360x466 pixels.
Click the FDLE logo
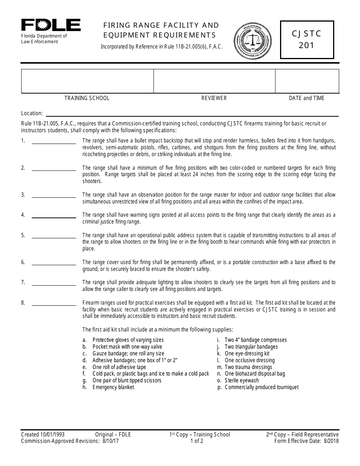51,25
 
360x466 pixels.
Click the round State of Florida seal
252,40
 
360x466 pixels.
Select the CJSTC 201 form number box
307,40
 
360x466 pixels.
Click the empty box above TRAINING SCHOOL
87,81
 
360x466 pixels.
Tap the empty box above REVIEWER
214,81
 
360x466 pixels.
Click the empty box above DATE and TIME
307,81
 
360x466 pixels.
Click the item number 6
23,262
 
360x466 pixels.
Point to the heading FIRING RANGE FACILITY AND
161,25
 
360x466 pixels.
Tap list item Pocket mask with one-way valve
127,347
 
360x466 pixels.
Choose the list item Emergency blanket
113,387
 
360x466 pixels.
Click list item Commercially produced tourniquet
261,387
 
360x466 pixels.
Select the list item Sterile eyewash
242,380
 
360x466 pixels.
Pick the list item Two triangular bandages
251,347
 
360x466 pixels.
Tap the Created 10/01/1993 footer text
43,435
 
